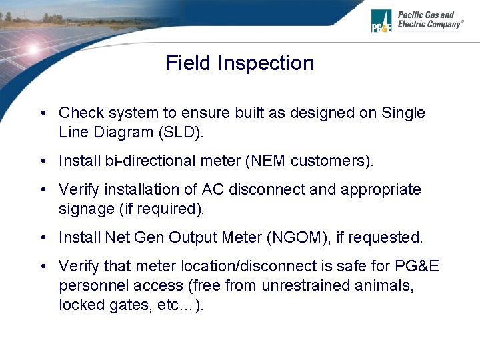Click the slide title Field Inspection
pos(239,63)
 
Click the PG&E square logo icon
pos(382,21)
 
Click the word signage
pos(86,209)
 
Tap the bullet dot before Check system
pos(42,114)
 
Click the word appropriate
pos(381,190)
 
